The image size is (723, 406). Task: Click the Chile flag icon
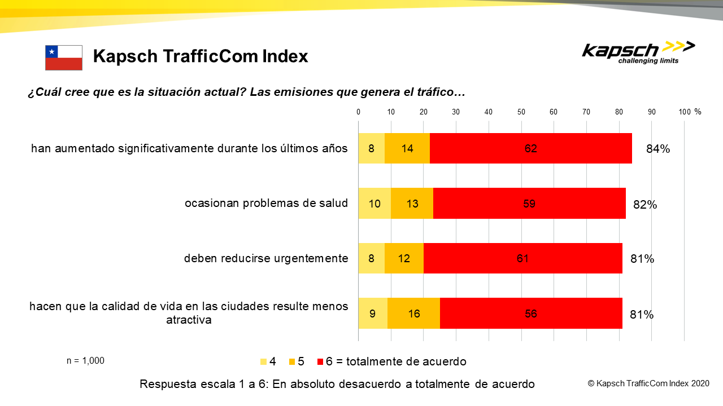pos(64,58)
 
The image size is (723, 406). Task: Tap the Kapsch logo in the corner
pos(638,52)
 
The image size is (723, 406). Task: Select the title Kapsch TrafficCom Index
pos(201,56)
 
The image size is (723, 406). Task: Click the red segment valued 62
pos(530,148)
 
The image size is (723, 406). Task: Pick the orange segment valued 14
pos(407,148)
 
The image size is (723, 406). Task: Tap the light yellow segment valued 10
pos(374,203)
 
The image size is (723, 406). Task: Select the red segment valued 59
pos(529,203)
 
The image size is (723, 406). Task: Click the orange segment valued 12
pos(404,258)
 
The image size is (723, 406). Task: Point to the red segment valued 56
pos(530,314)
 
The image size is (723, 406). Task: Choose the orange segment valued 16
pos(413,314)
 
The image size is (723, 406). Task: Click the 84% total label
pos(658,149)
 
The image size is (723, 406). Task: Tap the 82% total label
pos(644,205)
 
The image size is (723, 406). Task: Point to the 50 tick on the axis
pos(521,112)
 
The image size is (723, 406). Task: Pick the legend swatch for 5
pos(292,361)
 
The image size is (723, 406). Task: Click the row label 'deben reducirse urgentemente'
pos(265,258)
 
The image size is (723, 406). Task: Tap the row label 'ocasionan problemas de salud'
pos(266,203)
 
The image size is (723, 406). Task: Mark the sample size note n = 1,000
pos(85,361)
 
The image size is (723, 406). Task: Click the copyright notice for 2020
pos(648,383)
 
